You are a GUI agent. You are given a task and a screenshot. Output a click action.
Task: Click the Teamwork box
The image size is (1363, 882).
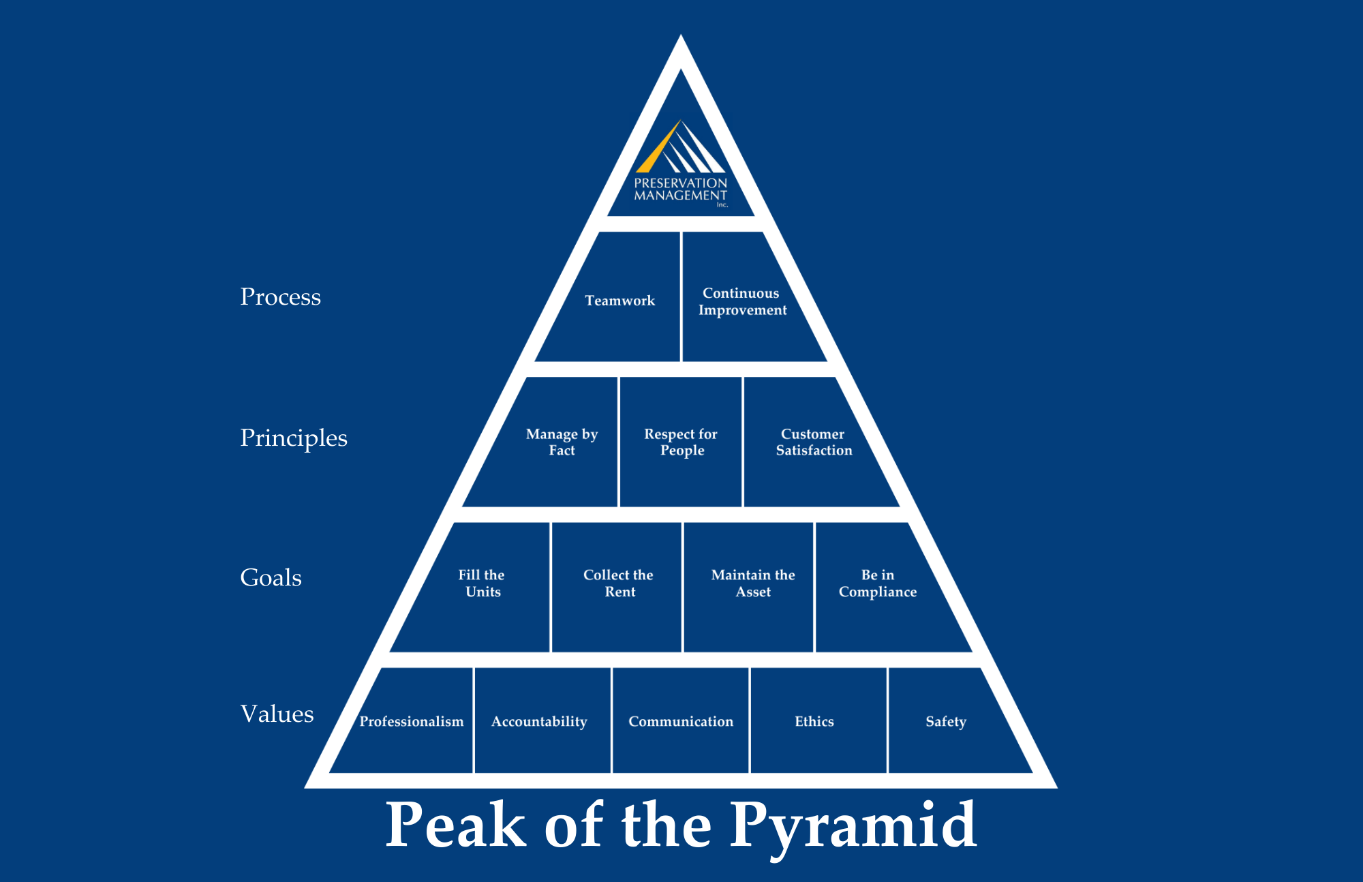(619, 301)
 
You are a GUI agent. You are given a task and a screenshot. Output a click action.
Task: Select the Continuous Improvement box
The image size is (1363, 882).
(742, 301)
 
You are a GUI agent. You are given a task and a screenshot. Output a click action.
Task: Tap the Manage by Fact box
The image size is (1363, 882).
(562, 442)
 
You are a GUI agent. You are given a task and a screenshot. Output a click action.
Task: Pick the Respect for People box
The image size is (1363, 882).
(681, 442)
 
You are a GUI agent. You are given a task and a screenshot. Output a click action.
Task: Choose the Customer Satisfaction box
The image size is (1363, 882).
(814, 442)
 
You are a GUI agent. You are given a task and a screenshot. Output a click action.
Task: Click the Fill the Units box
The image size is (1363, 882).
(482, 583)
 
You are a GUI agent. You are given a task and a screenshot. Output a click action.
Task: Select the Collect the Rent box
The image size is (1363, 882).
(618, 583)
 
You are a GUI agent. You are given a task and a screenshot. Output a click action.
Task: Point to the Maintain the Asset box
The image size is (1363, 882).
(752, 583)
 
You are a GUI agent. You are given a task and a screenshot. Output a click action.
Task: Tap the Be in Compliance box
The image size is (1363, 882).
(878, 583)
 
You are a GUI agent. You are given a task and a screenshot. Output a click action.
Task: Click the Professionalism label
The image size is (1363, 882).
(411, 721)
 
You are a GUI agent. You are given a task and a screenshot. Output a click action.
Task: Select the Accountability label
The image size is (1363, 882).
(539, 721)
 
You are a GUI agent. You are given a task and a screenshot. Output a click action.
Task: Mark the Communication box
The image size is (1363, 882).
(681, 721)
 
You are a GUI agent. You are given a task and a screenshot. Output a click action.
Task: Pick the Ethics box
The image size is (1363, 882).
(814, 721)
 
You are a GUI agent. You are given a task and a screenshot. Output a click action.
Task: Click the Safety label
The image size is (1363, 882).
(946, 721)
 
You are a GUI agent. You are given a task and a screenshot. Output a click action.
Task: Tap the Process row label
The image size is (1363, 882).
(280, 297)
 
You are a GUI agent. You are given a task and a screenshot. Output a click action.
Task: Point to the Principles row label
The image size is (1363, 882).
(294, 438)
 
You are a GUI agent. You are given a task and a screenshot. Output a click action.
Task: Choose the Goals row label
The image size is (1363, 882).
(271, 578)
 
